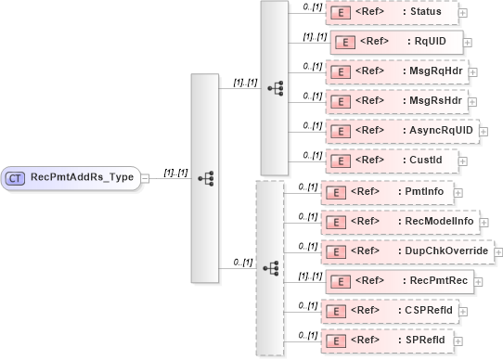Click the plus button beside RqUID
[468, 42]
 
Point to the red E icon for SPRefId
[335, 340]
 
